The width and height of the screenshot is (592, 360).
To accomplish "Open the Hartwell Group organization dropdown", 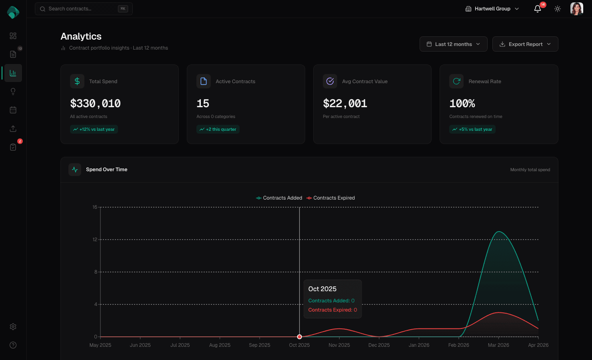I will (x=492, y=9).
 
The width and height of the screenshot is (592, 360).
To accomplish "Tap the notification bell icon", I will (x=538, y=9).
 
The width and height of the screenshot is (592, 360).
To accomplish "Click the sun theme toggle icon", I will (x=558, y=9).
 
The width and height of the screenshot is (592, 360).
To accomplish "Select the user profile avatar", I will (x=576, y=9).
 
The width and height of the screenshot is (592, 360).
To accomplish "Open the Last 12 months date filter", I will (x=453, y=44).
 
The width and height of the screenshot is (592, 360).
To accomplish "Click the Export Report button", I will (x=525, y=44).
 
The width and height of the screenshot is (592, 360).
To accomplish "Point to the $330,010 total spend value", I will (x=95, y=104).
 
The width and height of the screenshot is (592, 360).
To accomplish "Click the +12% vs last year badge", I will (x=94, y=129).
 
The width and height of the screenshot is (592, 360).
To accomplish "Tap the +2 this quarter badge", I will (x=218, y=129).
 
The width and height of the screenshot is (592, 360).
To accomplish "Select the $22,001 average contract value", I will (x=345, y=104).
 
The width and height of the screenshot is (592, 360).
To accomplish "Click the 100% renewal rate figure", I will (x=462, y=104).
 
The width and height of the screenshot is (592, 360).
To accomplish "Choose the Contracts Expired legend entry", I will (x=331, y=198).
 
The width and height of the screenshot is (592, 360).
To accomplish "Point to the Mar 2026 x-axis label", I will (x=498, y=345).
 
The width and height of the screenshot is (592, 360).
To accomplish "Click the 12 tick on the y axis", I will (x=95, y=240).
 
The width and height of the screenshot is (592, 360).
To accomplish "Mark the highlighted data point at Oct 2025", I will (x=300, y=337).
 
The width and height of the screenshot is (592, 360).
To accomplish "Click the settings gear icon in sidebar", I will (x=13, y=327).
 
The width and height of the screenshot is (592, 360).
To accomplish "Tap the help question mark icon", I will (x=13, y=345).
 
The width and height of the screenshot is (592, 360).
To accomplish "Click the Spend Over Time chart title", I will (x=106, y=170).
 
